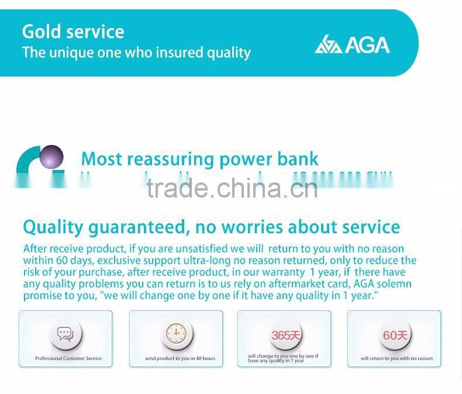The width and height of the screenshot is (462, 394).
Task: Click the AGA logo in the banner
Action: (x=352, y=44)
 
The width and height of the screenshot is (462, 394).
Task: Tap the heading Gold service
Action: (x=73, y=32)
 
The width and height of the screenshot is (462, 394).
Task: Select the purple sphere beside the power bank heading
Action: (x=51, y=157)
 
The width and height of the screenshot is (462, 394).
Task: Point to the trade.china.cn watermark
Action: (x=232, y=188)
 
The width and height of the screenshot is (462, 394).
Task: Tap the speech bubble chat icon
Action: (x=65, y=334)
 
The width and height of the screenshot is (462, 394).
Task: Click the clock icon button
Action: (x=175, y=334)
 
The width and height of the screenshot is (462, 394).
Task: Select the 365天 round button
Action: (x=284, y=335)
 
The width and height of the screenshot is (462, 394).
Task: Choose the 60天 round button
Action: (x=395, y=335)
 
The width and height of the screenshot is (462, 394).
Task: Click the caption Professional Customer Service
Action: (x=68, y=358)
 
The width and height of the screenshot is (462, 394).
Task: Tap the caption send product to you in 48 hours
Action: (x=180, y=358)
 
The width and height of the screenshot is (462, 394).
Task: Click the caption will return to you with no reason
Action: (x=397, y=358)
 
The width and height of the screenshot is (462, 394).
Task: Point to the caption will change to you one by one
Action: (x=283, y=356)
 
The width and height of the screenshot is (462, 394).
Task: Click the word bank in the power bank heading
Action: (x=298, y=159)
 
